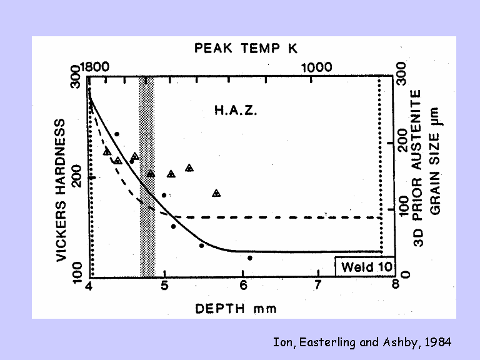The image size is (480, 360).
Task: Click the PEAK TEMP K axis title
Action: [246, 48]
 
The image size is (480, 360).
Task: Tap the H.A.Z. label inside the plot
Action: [236, 111]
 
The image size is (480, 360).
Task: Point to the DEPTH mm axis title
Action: [235, 309]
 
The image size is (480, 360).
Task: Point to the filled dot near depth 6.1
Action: [250, 257]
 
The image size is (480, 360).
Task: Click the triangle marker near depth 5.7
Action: [216, 193]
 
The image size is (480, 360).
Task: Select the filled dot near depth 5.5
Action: [202, 246]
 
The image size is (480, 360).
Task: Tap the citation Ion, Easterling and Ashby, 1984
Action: [362, 342]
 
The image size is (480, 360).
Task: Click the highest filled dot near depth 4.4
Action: [117, 134]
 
